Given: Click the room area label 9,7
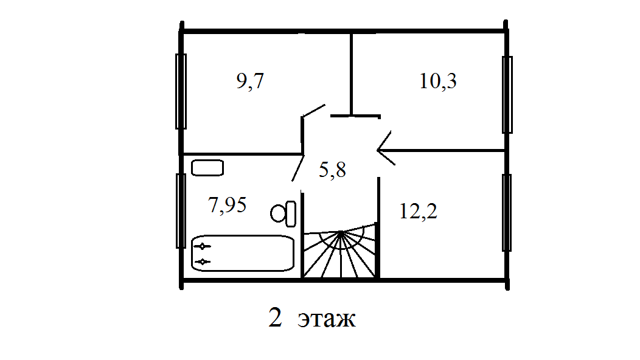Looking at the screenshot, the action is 250,81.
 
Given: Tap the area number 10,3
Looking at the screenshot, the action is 437,81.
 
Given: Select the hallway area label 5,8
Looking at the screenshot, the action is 332,170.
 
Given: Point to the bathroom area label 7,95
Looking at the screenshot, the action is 228,205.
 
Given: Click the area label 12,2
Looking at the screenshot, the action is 419,211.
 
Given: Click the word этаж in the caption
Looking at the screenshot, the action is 327,319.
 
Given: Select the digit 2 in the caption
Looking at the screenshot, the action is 275,317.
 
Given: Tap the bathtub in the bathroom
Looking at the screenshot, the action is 243,253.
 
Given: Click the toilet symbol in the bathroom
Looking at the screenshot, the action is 283,213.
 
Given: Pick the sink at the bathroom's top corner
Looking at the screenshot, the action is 207,168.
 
